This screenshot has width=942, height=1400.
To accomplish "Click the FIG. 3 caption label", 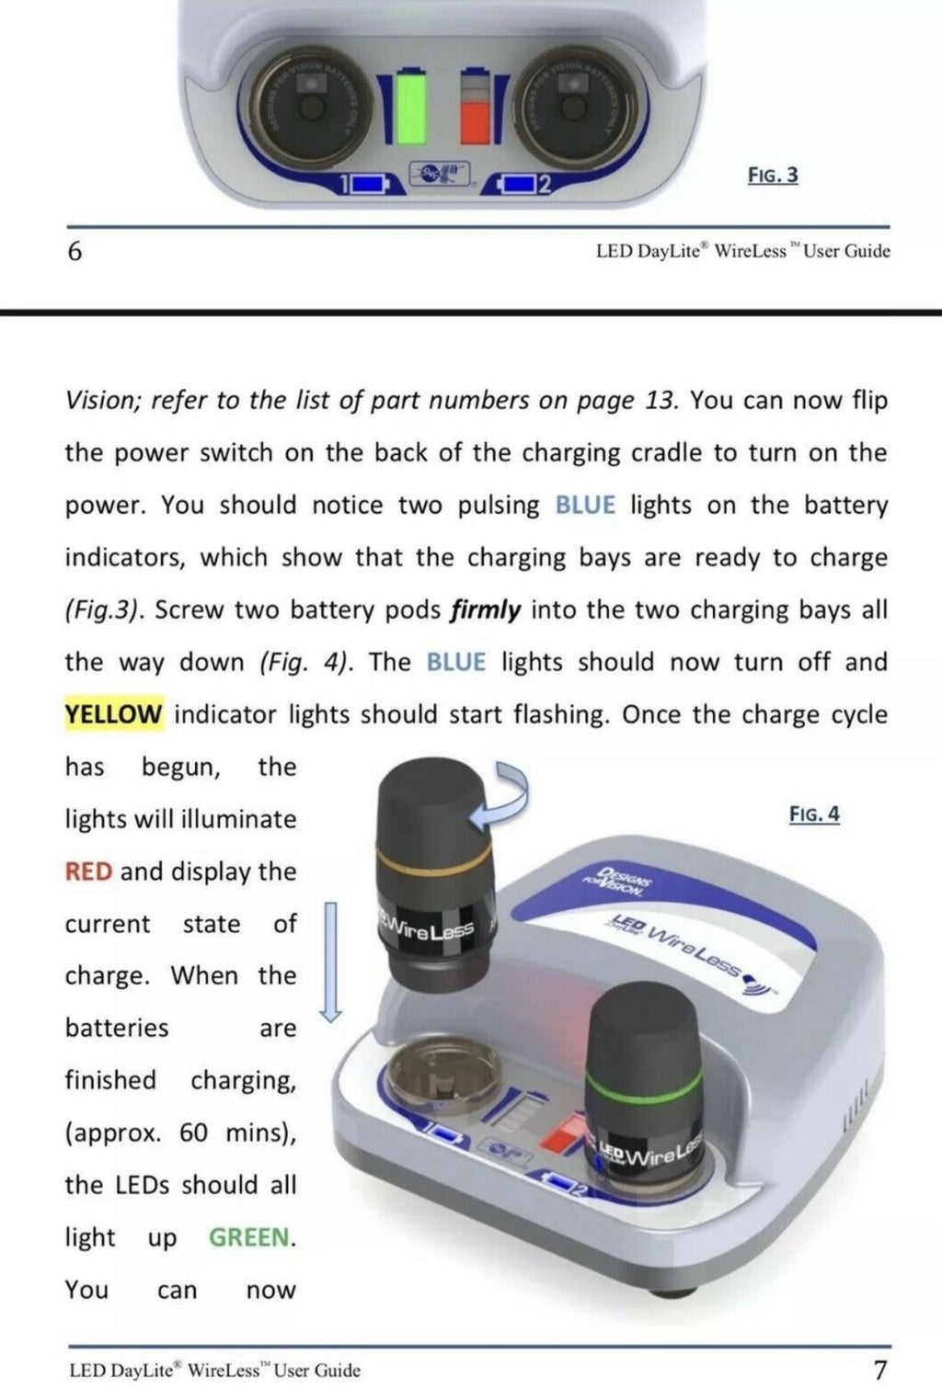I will point(772,175).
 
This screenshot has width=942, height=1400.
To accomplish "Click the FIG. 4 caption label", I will point(814,814).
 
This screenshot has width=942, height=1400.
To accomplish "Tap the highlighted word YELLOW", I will point(113,714).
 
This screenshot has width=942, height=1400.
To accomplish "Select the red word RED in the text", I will point(88,871).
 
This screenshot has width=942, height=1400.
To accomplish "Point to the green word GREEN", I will point(248,1237).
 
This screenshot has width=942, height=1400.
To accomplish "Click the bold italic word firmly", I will point(486,610).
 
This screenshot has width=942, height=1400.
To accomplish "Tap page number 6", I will point(75,251).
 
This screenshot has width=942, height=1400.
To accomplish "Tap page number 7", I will point(879,1371).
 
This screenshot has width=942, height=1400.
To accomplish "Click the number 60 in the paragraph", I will point(193,1133).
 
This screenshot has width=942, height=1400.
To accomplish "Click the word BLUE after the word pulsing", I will point(585,506).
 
